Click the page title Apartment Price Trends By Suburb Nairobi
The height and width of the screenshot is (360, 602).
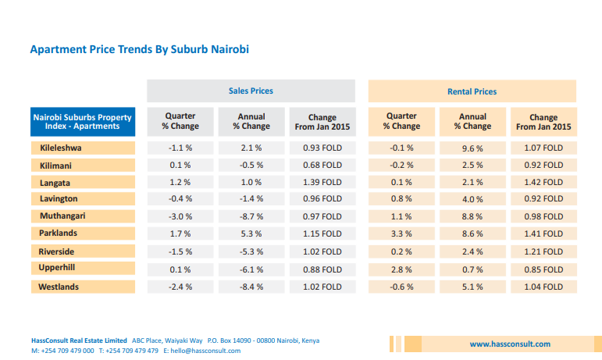click(x=139, y=49)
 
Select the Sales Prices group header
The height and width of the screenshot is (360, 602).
click(x=250, y=91)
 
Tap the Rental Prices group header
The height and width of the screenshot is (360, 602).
click(x=472, y=91)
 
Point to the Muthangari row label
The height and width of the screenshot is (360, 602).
click(x=62, y=216)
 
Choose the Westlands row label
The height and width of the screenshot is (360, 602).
click(x=59, y=287)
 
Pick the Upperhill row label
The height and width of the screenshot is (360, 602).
click(x=58, y=269)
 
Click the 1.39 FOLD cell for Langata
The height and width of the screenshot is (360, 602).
click(x=322, y=182)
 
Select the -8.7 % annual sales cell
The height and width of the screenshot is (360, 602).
click(x=251, y=216)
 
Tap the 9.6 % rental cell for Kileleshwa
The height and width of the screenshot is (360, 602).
click(x=472, y=148)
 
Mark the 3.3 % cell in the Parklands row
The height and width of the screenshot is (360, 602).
click(x=401, y=233)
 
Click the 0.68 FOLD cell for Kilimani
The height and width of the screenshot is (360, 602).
click(x=322, y=165)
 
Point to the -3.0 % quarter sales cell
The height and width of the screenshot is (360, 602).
click(x=180, y=216)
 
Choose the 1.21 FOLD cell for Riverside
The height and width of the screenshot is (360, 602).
click(x=543, y=251)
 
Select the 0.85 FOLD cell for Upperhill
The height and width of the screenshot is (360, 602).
click(x=543, y=269)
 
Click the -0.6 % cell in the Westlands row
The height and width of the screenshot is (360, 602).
click(x=401, y=287)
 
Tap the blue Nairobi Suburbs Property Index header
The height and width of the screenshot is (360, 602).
click(x=82, y=121)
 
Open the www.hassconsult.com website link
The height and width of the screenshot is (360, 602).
click(x=510, y=344)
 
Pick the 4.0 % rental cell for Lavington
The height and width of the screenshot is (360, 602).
click(x=472, y=198)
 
